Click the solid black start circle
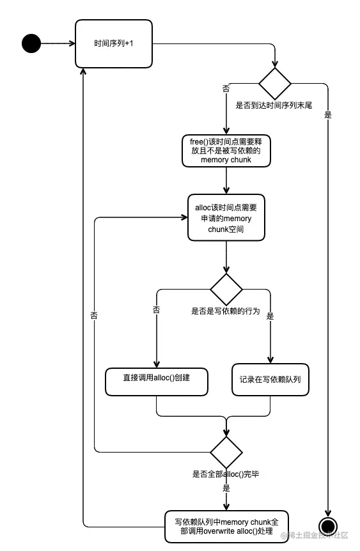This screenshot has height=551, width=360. pos(31,43)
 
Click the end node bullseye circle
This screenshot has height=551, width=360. pos(328,525)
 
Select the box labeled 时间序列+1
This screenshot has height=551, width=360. pos(113,43)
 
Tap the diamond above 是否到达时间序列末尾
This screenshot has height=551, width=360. pos(275,82)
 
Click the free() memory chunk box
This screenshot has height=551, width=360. pos(226,151)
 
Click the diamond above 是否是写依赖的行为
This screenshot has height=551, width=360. pos(226,290)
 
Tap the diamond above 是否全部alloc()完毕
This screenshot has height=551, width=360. pos(226,453)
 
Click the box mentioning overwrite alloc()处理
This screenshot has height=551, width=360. pos(226,526)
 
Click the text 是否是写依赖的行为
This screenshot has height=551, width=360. pos(226,311)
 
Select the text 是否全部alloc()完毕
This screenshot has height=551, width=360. pos(226,474)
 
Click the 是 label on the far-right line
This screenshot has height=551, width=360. pos(328,115)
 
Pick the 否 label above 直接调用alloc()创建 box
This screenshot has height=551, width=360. pos(156,309)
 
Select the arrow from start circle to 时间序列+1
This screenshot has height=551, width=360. pos(58,43)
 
